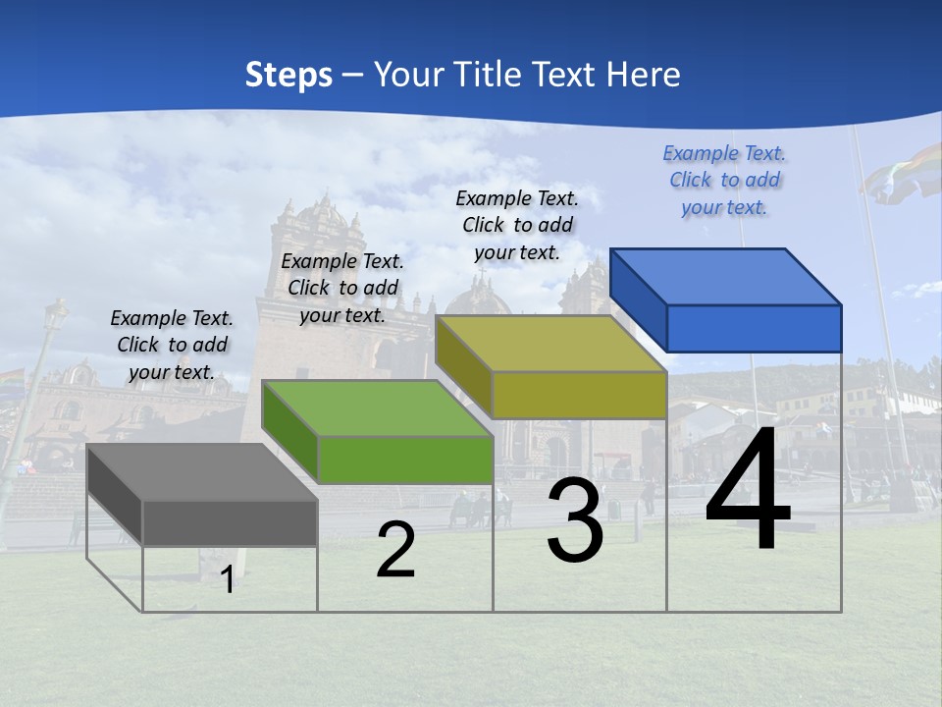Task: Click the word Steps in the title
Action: pos(288,75)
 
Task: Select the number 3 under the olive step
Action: pos(575,520)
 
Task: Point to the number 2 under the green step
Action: pos(395,550)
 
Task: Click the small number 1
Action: pos(228,580)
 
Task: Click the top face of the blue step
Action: pos(726,276)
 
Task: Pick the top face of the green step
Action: pos(378,408)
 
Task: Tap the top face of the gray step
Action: pos(202,472)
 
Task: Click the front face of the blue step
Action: pos(754,328)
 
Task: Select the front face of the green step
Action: pos(405,460)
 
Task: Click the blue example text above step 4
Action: pos(724,181)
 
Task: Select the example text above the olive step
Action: pos(517,225)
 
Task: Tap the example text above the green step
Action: pos(342,289)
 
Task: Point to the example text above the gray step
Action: pos(172,345)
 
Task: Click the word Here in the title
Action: pos(643,75)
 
